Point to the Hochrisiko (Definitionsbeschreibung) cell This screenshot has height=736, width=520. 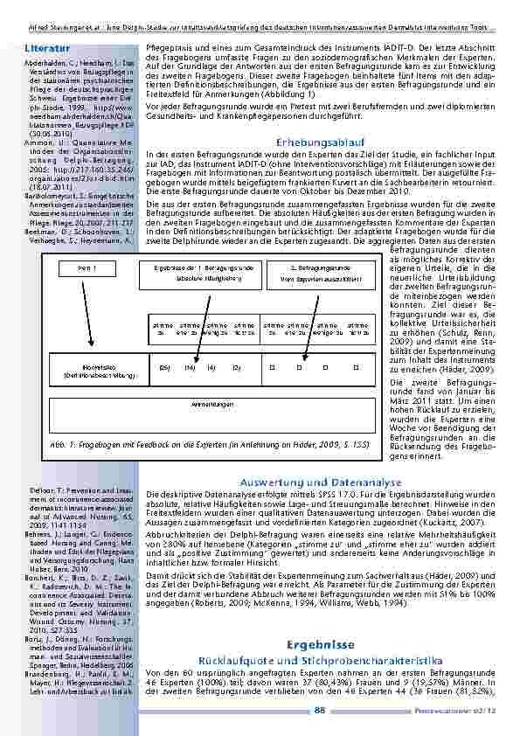click(88, 371)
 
